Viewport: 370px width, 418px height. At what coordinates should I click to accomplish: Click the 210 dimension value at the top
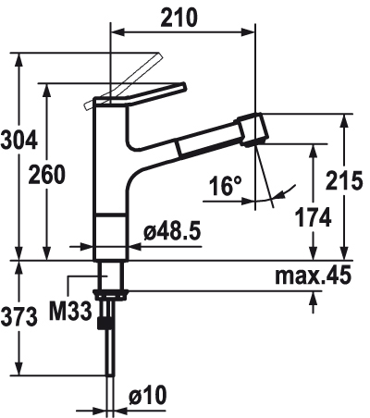coord(179,18)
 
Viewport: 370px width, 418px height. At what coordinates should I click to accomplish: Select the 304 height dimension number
coord(19,141)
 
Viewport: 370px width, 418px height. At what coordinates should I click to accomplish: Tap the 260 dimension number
coord(47,174)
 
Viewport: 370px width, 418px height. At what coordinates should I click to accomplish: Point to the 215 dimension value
coord(344,179)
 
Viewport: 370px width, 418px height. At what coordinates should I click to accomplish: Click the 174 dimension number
coord(313,217)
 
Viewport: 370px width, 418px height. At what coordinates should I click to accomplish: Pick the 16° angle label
coord(226,186)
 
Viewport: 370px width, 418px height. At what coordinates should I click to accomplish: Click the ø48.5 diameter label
coord(172,231)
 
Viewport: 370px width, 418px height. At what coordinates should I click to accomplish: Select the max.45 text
coord(314,275)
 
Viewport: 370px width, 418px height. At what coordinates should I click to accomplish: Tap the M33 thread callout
coord(71,312)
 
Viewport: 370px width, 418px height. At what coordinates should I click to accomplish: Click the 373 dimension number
coord(19,317)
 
